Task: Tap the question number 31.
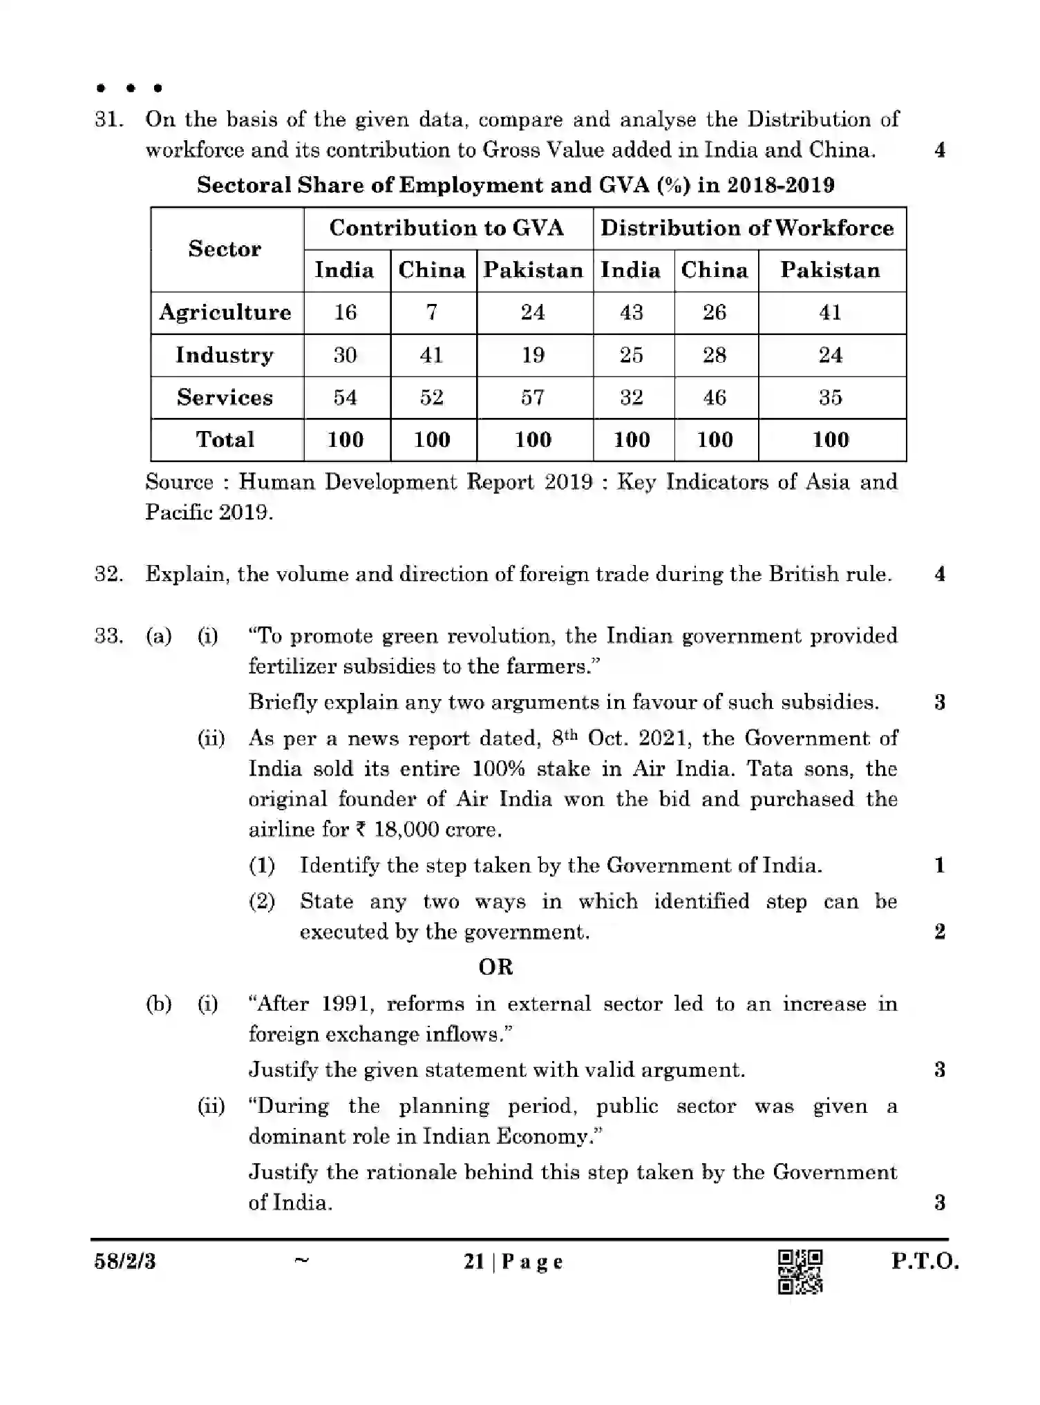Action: point(108,120)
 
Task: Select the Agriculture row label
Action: point(225,312)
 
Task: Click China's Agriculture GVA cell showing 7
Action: point(432,312)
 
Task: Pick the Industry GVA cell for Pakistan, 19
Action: point(533,355)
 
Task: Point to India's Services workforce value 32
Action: point(632,397)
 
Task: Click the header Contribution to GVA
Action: point(446,228)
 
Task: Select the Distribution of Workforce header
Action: point(747,228)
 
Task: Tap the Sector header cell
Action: point(225,249)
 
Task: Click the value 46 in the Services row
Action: point(715,397)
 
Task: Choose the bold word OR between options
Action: point(495,967)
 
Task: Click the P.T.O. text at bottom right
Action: point(925,1261)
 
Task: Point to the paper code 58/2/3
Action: point(125,1262)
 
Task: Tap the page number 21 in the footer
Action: point(474,1262)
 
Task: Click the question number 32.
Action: point(108,574)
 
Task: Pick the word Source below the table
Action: point(179,481)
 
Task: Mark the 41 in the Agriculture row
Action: point(830,312)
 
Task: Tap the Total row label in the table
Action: point(225,439)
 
